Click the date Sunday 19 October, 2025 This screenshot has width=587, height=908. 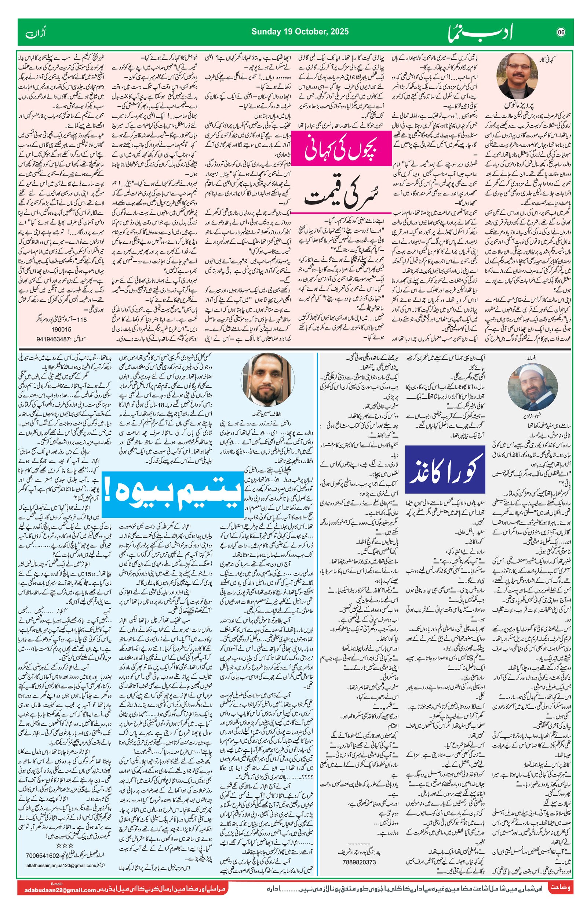coord(300,32)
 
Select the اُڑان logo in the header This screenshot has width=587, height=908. coord(35,33)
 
